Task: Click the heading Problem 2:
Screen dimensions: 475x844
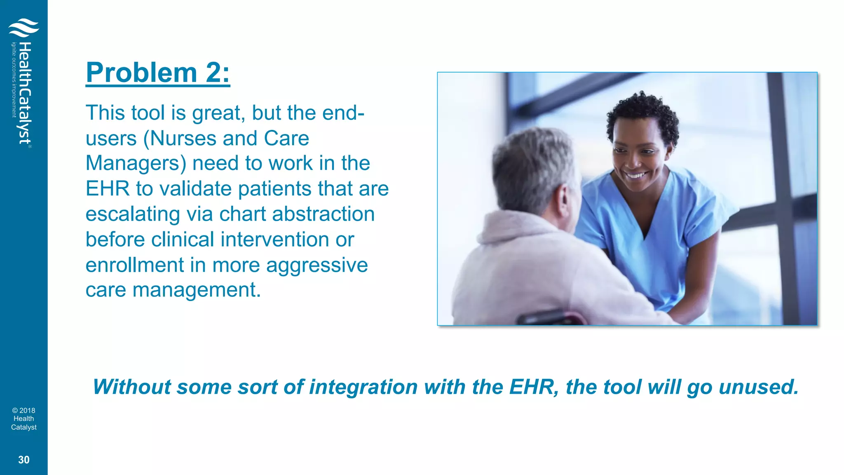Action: pos(157,73)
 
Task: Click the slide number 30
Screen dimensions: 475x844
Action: pos(24,460)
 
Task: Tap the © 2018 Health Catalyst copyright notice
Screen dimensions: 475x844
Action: pos(24,419)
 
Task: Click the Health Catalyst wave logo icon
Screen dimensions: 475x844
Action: pos(23,27)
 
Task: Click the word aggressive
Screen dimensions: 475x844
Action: pos(317,265)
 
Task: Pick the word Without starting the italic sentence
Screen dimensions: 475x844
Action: pos(131,387)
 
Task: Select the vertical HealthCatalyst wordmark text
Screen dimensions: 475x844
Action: pos(26,93)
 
